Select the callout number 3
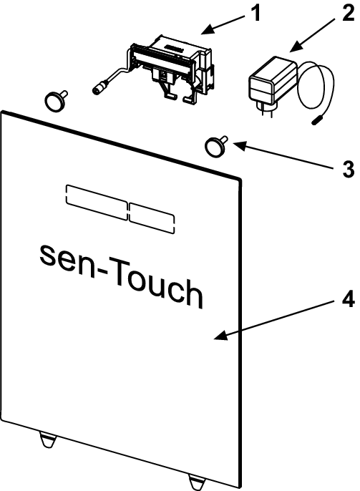point(349,170)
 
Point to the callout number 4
point(348,299)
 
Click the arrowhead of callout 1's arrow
point(207,29)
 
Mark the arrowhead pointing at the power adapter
point(295,47)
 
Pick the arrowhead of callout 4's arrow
point(220,336)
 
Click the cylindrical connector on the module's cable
point(100,87)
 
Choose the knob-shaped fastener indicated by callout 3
point(216,146)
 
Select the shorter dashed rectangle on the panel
point(152,218)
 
